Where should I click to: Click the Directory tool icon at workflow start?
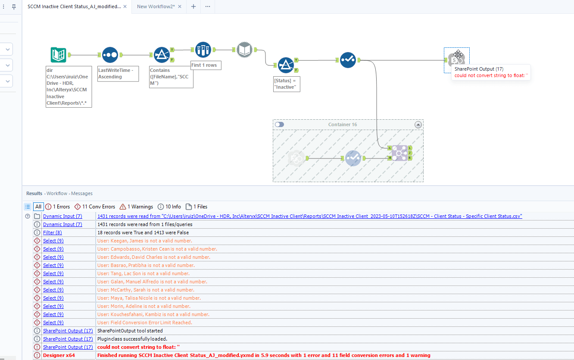tap(58, 55)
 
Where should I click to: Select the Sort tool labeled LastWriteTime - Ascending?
tap(110, 55)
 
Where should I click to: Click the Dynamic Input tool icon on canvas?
tap(244, 50)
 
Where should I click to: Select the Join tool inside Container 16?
tap(399, 153)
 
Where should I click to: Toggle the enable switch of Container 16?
tap(280, 124)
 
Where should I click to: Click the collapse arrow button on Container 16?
tap(418, 124)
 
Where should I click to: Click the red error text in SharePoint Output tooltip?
tap(491, 75)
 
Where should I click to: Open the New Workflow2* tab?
tap(156, 6)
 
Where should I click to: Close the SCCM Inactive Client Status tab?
tap(125, 6)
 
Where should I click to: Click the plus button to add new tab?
tap(193, 6)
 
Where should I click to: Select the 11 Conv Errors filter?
tap(95, 207)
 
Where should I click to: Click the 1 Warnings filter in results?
tap(137, 207)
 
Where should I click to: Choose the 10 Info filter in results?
tap(169, 207)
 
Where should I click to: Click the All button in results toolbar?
tap(38, 207)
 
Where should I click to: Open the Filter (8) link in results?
tap(52, 233)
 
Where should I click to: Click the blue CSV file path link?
tap(309, 216)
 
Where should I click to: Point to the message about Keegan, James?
tap(145, 241)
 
